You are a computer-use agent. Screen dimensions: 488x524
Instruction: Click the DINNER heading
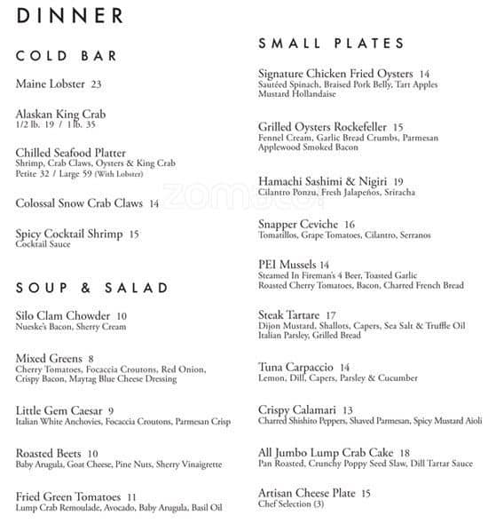[x=70, y=15]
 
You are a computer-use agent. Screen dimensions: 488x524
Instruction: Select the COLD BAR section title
[x=67, y=56]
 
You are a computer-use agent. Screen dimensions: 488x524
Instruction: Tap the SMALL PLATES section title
[x=331, y=43]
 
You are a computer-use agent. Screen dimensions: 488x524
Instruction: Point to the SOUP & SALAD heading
[x=92, y=288]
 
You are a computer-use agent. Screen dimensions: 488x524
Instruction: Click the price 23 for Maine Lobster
[x=96, y=84]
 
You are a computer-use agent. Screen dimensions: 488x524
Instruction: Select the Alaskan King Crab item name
[x=60, y=115]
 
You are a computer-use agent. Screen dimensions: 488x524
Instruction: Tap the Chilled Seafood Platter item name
[x=71, y=153]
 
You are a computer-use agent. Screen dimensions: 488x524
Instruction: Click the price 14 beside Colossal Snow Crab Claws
[x=153, y=203]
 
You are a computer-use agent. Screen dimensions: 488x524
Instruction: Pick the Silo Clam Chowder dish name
[x=63, y=316]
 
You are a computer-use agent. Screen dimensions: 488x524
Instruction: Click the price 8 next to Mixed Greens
[x=91, y=359]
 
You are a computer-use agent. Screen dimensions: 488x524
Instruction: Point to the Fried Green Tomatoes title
[x=68, y=496]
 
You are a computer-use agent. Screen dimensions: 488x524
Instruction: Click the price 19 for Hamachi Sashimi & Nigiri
[x=397, y=181]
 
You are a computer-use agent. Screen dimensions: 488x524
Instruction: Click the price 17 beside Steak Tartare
[x=331, y=315]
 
